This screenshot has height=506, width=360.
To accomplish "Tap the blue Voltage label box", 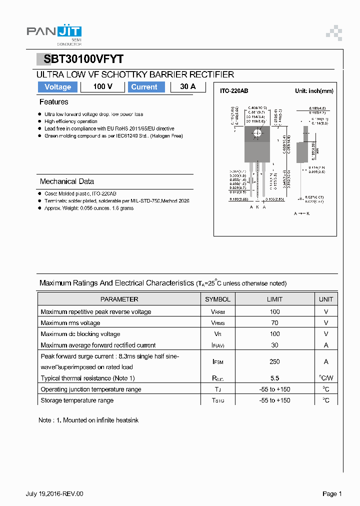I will [57, 87].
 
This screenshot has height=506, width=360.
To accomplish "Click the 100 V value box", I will [102, 87].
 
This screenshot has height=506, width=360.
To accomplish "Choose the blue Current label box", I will [144, 87].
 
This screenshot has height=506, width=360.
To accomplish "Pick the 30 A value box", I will [188, 87].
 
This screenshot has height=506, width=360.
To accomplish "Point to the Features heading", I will [53, 102].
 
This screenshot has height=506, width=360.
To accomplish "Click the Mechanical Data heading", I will [66, 181].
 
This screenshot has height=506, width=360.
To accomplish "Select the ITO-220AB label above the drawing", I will [234, 91].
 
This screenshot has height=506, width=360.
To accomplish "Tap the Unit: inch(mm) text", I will [314, 91].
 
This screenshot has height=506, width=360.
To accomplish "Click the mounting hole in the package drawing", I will [257, 133].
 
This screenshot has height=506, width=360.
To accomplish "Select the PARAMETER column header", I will [119, 299].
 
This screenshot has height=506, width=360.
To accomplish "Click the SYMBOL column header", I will [217, 299].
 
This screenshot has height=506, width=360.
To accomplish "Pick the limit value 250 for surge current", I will [274, 361].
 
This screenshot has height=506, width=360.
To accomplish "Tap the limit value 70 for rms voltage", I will [274, 323].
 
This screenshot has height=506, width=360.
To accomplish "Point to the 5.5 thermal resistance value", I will [274, 378].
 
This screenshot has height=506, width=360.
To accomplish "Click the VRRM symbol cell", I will [217, 312].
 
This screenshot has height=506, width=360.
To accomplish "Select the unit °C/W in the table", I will [326, 378].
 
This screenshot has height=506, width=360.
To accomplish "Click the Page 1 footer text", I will [332, 494].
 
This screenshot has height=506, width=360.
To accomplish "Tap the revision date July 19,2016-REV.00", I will [54, 494].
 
